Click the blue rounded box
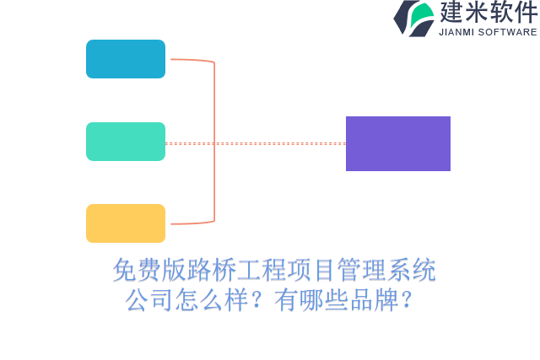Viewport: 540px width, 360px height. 126,59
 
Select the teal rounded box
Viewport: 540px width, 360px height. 126,142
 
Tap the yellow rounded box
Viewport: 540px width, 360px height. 126,223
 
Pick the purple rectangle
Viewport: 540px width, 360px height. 398,143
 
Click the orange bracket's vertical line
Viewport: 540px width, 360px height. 214,142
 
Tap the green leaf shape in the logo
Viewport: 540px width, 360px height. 424,13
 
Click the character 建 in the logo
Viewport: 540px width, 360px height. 453,13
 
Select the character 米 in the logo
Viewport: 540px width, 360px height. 478,13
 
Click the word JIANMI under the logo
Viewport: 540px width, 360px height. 457,32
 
